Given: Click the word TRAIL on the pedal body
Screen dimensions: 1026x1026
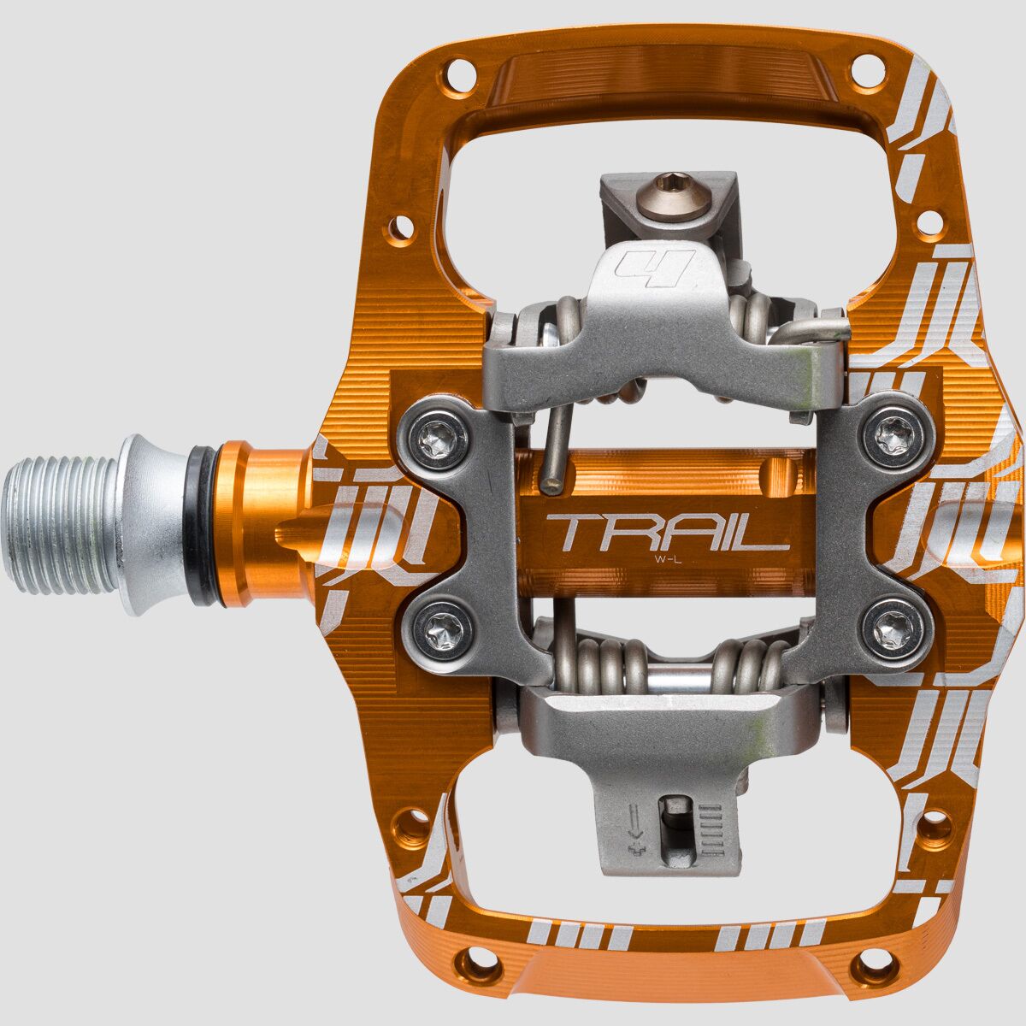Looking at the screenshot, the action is tap(668, 533).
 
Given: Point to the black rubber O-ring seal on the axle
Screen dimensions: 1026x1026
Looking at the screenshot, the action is tap(204, 526).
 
